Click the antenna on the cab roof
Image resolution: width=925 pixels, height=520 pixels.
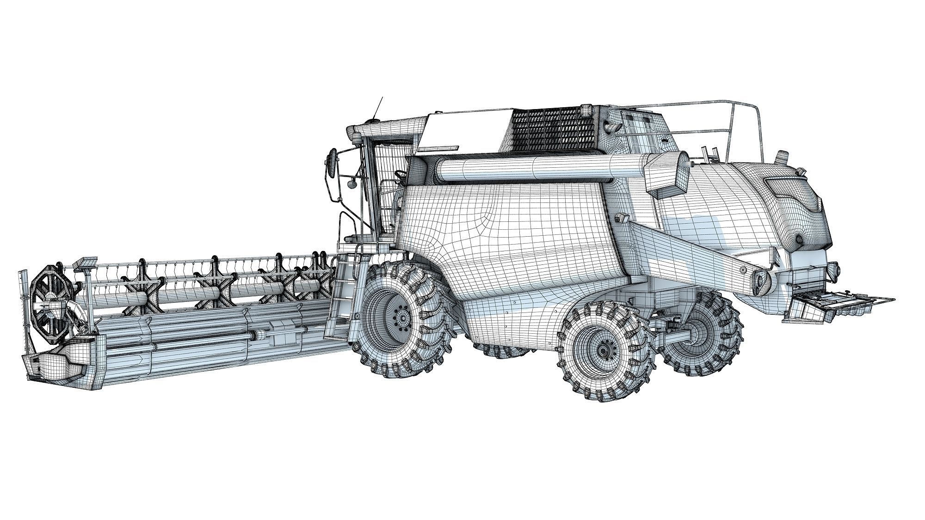point(378,108)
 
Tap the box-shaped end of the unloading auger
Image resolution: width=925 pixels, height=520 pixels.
point(666,173)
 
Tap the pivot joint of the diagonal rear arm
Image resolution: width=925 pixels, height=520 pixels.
point(760,280)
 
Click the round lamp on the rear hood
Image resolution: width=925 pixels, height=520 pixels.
point(799,239)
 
